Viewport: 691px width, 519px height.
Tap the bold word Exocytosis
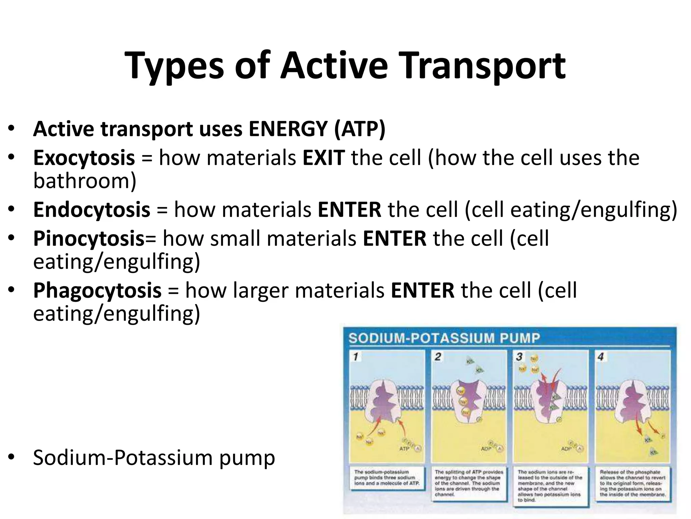coord(84,158)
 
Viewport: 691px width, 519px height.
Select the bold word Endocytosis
coord(91,209)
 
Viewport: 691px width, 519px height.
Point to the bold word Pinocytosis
coord(89,239)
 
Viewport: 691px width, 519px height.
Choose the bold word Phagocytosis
coord(97,290)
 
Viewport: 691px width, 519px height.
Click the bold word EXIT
coord(324,158)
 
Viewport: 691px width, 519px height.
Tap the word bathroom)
coord(85,181)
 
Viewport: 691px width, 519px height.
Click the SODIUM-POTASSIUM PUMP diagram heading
coord(444,338)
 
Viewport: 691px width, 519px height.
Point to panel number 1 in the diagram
coord(355,357)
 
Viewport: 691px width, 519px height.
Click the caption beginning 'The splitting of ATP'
coord(468,483)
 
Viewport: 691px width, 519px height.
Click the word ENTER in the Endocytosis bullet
coord(349,209)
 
